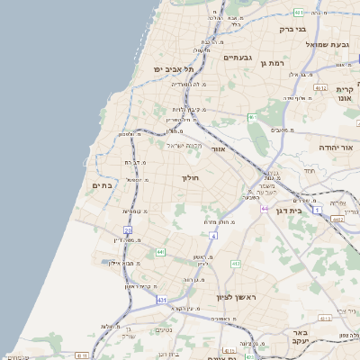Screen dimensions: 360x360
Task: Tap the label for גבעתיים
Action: tap(237, 57)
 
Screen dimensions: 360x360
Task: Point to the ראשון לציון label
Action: tap(236, 296)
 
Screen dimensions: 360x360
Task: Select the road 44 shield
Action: tap(265, 208)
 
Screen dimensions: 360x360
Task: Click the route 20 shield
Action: tap(128, 230)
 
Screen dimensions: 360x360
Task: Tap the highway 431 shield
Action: tap(161, 299)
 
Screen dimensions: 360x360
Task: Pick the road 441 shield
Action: tap(160, 252)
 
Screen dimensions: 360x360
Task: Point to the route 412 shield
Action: tap(235, 264)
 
